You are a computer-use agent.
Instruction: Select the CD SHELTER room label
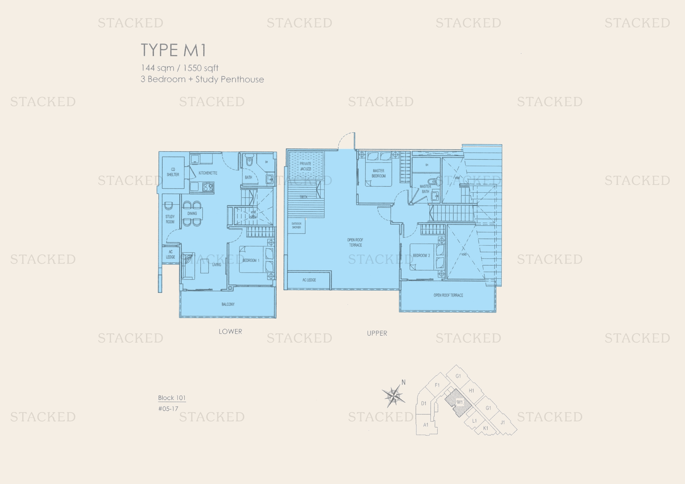tap(173, 172)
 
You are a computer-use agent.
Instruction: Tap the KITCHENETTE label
tap(208, 173)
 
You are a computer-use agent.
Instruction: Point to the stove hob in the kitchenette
tap(208, 187)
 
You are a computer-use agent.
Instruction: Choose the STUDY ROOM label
tap(170, 219)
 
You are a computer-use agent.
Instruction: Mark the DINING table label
tap(192, 213)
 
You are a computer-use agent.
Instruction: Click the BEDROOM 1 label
tap(251, 260)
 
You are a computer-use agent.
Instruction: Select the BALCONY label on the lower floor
tap(228, 304)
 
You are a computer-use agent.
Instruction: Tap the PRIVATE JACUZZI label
tap(305, 166)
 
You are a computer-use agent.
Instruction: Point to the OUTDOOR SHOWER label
tap(296, 225)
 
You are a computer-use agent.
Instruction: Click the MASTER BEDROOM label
tap(379, 173)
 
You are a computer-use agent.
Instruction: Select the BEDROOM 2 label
tap(421, 255)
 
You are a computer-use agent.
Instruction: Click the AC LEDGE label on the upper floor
tap(309, 280)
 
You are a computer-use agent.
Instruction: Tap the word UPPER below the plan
tap(377, 333)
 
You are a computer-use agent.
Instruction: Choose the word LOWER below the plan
tap(230, 332)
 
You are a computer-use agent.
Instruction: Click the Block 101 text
tap(172, 398)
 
